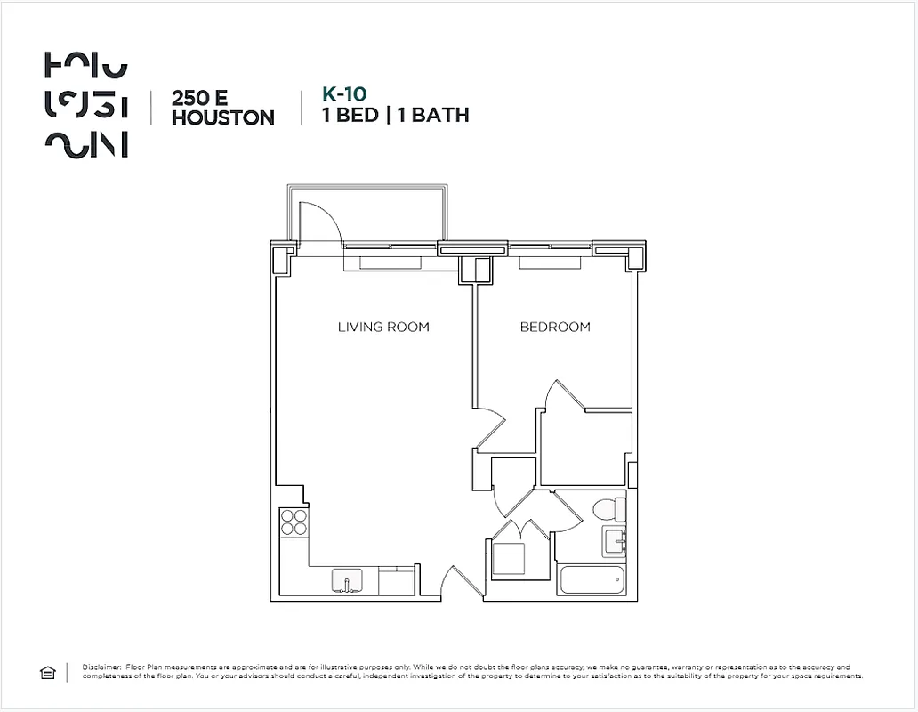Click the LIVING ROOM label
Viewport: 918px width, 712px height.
(x=383, y=327)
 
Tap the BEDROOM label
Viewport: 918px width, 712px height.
(x=555, y=327)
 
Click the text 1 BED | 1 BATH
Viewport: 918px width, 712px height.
(x=395, y=115)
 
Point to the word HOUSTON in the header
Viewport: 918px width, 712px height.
(x=222, y=117)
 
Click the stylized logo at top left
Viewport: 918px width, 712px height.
(x=85, y=105)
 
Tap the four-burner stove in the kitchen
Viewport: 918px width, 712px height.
(x=294, y=521)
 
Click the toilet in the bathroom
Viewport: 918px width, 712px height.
(x=610, y=510)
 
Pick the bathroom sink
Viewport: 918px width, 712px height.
(x=615, y=539)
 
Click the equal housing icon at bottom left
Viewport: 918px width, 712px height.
(x=48, y=673)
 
